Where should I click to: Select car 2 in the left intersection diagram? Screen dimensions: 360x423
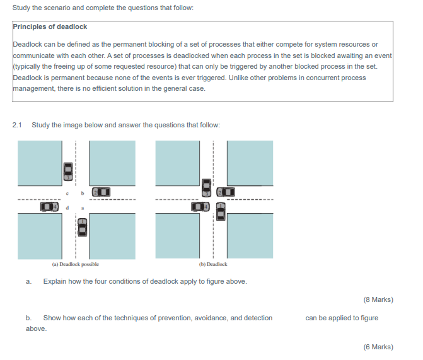click(101, 191)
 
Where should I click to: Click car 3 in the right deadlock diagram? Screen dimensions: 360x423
click(206, 187)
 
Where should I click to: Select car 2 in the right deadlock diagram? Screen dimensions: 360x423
click(226, 191)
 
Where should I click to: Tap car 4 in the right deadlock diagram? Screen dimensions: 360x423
click(200, 206)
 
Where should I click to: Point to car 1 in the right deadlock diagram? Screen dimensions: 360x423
click(221, 211)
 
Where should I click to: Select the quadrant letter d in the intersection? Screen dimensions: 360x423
click(67, 206)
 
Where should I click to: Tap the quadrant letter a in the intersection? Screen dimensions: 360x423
click(82, 206)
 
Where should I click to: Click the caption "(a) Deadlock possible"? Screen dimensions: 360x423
click(75, 265)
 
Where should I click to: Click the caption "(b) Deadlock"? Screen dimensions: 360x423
click(212, 265)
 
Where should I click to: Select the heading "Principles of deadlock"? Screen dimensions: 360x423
click(50, 27)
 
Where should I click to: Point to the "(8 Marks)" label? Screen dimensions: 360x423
click(378, 299)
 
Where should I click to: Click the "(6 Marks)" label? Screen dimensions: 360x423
click(378, 347)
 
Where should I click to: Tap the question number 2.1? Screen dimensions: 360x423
click(17, 125)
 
